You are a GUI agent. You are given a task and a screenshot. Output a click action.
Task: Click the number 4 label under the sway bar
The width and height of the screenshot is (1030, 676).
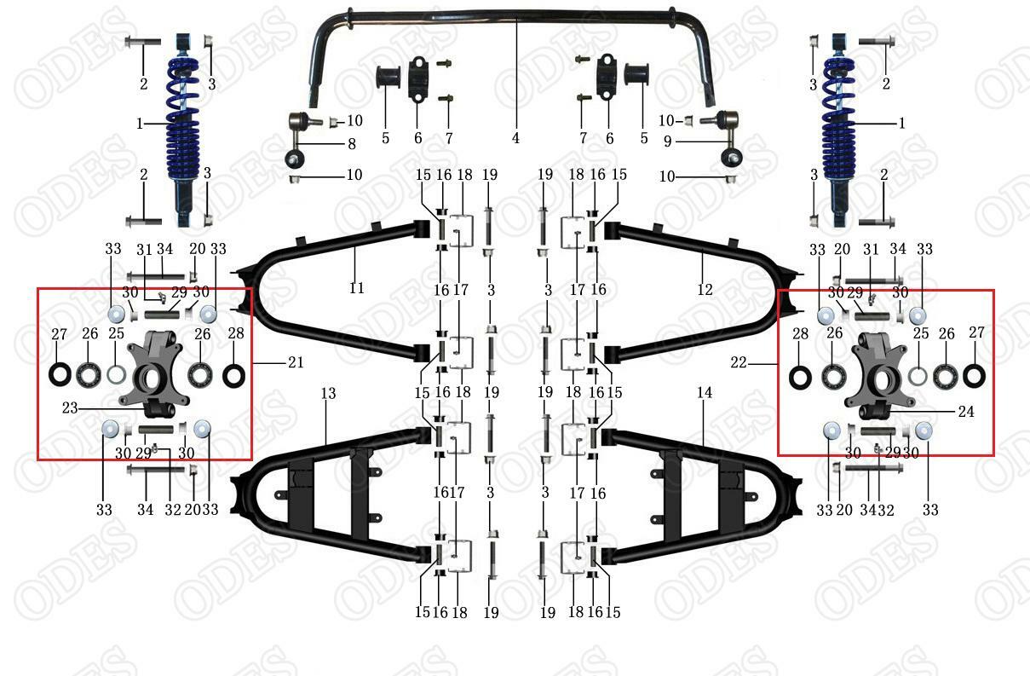tap(515, 138)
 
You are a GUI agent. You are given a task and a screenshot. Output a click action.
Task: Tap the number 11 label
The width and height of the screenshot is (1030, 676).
tap(356, 288)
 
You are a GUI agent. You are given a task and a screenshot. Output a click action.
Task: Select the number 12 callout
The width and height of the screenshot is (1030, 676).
tap(705, 289)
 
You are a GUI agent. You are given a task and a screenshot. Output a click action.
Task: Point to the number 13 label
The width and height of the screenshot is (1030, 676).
tap(329, 393)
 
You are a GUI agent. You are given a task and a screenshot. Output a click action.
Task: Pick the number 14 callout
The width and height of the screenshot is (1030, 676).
tap(704, 393)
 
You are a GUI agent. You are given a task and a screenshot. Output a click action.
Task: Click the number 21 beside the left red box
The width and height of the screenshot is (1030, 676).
tap(296, 362)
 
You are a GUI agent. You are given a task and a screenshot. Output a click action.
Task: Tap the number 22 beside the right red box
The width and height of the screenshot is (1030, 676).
tap(738, 362)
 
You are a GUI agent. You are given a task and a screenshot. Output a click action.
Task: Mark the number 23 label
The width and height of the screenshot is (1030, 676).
tap(71, 407)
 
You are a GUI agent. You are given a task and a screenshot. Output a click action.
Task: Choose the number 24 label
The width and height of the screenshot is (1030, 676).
tap(965, 412)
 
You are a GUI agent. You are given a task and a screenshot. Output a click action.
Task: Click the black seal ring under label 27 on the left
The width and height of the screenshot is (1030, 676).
tap(60, 373)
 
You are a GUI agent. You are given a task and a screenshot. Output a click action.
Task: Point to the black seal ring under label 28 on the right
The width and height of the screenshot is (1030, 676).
tap(800, 375)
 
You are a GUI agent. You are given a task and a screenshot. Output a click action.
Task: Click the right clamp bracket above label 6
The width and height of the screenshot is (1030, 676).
tap(607, 77)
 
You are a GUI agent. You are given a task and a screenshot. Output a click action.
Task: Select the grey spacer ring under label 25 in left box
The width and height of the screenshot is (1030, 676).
tap(117, 373)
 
